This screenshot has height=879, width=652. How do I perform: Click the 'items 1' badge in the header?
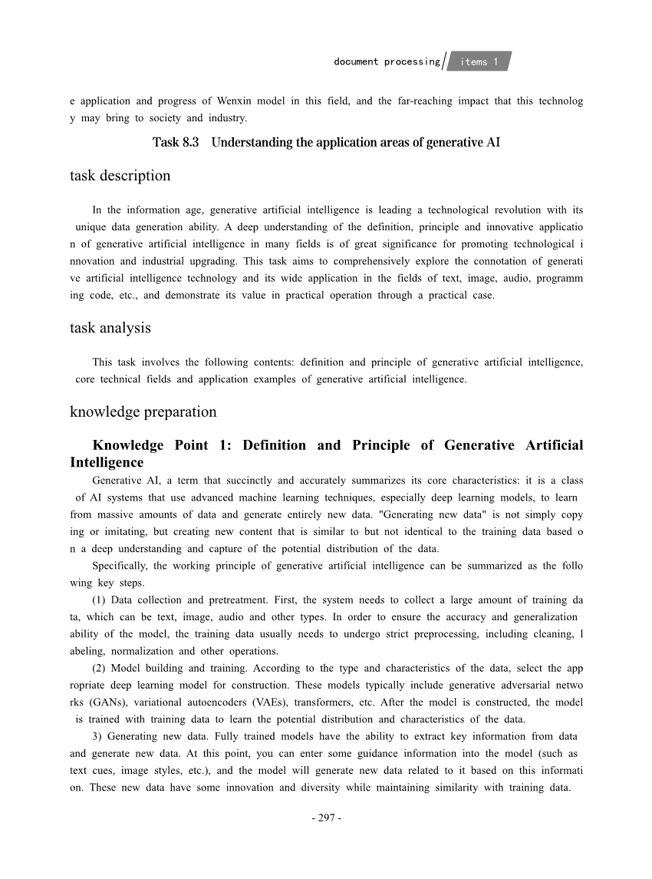pyautogui.click(x=479, y=61)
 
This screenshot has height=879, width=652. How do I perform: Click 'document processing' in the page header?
pyautogui.click(x=387, y=61)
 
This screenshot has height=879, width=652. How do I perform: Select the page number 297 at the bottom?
pyautogui.click(x=326, y=818)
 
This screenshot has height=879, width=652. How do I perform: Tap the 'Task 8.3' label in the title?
pyautogui.click(x=176, y=142)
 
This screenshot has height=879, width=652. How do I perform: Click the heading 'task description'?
pyautogui.click(x=120, y=176)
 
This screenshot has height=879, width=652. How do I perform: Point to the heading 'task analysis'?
pyautogui.click(x=110, y=328)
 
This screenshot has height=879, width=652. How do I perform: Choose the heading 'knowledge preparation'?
pyautogui.click(x=143, y=411)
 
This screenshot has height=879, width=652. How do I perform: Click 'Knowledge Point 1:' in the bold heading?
pyautogui.click(x=166, y=445)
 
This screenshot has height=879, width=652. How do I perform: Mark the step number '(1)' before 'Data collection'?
pyautogui.click(x=100, y=600)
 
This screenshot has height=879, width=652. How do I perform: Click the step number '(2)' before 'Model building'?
pyautogui.click(x=100, y=668)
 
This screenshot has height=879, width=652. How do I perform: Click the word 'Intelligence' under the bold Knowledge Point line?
pyautogui.click(x=107, y=462)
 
